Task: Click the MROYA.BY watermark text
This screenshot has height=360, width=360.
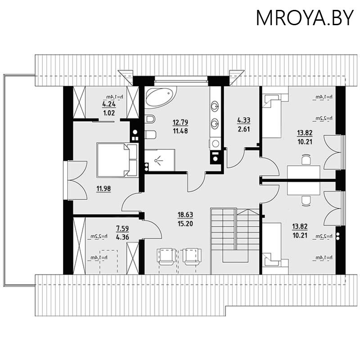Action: click(x=305, y=18)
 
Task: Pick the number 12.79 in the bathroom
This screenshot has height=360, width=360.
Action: click(x=180, y=122)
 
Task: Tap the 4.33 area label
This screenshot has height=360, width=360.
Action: click(x=243, y=120)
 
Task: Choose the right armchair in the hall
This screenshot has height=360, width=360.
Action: click(x=191, y=256)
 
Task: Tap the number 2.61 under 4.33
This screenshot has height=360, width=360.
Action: click(x=243, y=129)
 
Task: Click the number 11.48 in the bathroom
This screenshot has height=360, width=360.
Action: click(x=180, y=130)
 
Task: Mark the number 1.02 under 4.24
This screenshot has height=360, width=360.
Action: click(x=109, y=114)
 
